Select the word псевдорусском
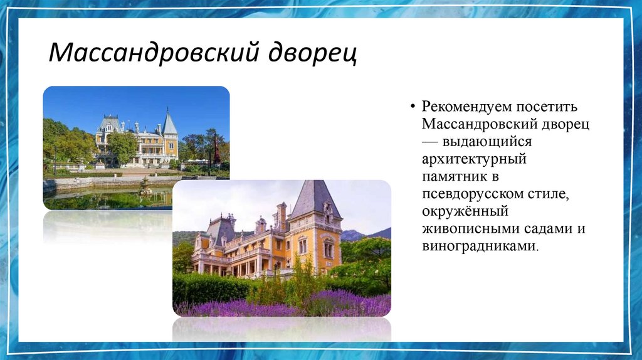[472, 194]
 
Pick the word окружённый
[465, 212]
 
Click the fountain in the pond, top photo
[145, 186]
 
